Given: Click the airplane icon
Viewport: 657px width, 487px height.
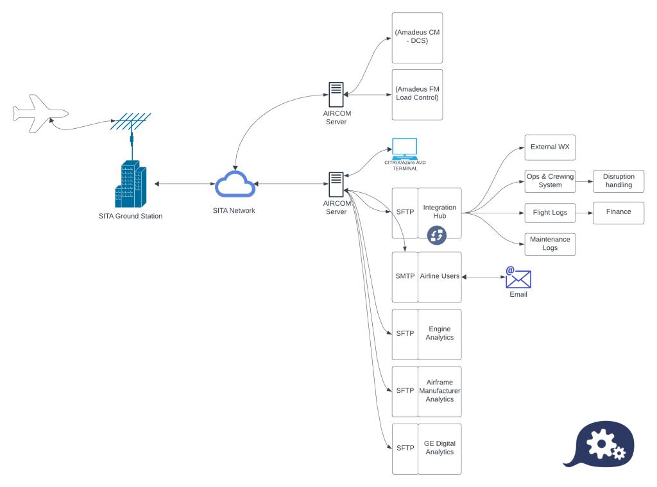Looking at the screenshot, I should pos(40,113).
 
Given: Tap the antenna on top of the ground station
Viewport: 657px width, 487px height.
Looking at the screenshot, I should pos(131,122).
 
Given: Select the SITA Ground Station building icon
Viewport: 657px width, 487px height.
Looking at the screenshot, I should pos(131,183).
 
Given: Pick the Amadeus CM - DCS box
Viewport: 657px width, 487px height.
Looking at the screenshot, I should pos(417,37).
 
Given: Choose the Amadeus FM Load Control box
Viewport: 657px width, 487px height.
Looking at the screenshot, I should pos(417,94).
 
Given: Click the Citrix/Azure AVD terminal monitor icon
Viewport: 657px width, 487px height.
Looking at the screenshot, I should pos(404,149).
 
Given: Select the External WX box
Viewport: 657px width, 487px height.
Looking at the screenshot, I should pos(549,147).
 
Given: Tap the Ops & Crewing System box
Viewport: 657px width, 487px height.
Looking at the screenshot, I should pos(549,181).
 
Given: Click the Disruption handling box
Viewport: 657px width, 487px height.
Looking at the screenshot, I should pos(619,181).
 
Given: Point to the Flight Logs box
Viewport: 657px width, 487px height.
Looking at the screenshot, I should pos(549,212).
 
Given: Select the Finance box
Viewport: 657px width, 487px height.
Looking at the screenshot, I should pos(619,212).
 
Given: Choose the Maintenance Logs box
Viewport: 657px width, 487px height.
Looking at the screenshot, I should pos(549,244).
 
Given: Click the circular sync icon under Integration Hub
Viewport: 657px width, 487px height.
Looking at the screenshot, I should pos(437,235).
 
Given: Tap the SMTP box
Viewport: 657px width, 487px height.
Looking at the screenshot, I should pos(405,276).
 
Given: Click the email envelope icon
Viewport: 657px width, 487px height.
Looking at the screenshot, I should pos(518,278).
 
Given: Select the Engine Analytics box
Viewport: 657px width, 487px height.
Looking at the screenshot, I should pos(439,334).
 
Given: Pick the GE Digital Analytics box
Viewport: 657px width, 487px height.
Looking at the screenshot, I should pos(439,448).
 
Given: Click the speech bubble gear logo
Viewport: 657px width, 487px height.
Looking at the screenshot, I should pos(599,443).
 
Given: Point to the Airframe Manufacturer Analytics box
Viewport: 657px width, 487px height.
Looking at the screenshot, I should pos(439,391).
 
